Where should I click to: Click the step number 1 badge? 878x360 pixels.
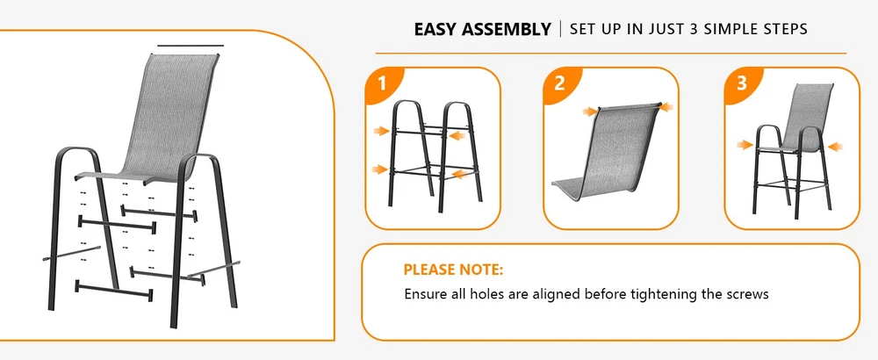point(383,84)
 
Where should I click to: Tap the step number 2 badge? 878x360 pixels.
point(560,84)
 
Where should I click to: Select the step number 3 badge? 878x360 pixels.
point(741,84)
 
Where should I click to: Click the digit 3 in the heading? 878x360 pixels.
point(694,29)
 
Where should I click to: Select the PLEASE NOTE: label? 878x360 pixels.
point(454,270)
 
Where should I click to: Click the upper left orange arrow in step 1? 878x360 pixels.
point(382,131)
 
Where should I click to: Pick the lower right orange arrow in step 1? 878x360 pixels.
point(460,175)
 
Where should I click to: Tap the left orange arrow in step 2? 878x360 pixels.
point(590,112)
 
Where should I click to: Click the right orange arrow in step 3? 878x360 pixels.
point(835,147)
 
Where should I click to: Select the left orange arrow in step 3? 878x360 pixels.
point(745,145)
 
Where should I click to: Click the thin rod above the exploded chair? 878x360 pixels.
point(191,46)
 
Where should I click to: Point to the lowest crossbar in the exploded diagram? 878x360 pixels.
point(114,290)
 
